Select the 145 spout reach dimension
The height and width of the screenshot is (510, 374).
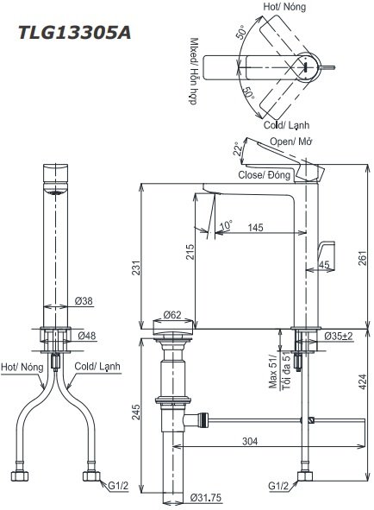pyautogui.click(x=255, y=227)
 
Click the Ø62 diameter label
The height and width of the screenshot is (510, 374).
pyautogui.click(x=173, y=317)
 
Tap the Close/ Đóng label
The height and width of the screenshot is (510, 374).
pyautogui.click(x=265, y=175)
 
